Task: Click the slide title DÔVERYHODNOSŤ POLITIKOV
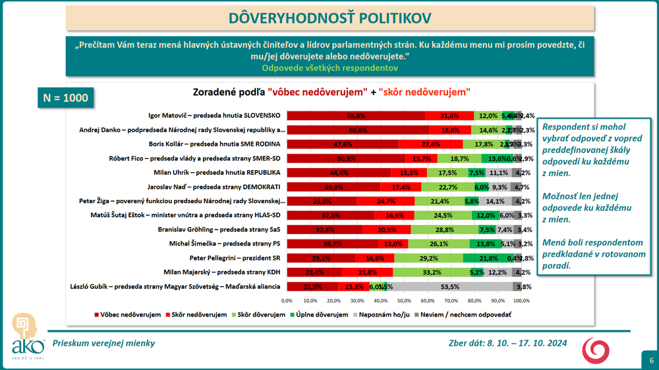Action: pyautogui.click(x=329, y=17)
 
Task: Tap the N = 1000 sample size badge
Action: pyautogui.click(x=61, y=97)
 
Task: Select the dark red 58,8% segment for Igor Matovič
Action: pyautogui.click(x=356, y=115)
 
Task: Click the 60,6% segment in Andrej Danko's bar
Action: pyautogui.click(x=358, y=130)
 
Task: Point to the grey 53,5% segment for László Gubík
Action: pyautogui.click(x=450, y=287)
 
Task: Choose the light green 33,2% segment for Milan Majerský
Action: pyautogui.click(x=432, y=272)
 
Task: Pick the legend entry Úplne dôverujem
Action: pyautogui.click(x=321, y=315)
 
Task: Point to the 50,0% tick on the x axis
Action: pyautogui.click(x=404, y=301)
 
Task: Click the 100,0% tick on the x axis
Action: pyautogui.click(x=521, y=301)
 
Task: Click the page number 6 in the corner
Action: pyautogui.click(x=651, y=361)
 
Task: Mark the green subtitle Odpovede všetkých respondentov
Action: pyautogui.click(x=329, y=67)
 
